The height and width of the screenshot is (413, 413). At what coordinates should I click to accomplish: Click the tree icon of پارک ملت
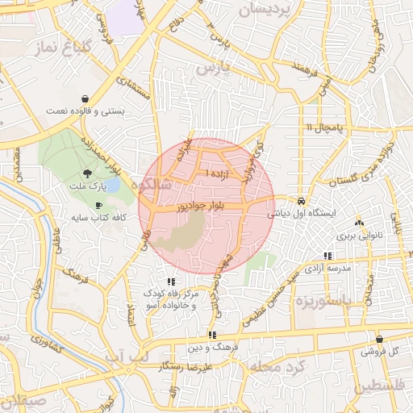pos(87,173)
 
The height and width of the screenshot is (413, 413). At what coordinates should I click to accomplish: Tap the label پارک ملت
pos(87,186)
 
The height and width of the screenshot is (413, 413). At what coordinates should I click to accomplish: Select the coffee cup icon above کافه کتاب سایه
pos(99,206)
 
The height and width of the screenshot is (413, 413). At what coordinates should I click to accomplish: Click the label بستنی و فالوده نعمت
pos(84,110)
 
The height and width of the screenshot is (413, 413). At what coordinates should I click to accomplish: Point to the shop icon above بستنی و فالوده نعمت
pos(85,98)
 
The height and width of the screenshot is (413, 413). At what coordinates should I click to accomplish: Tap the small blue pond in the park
pos(113,185)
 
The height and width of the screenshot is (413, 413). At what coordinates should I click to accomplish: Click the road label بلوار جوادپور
pos(213,206)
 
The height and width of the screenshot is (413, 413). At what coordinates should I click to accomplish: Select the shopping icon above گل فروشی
pos(379,340)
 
